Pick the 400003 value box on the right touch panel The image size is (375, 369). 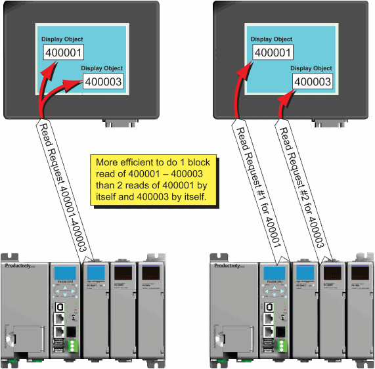coord(313,82)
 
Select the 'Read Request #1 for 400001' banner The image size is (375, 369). coord(257,190)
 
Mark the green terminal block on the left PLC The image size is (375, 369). coord(72,346)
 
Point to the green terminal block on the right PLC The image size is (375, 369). coord(281,346)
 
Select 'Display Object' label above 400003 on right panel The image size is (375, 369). coord(311,68)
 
